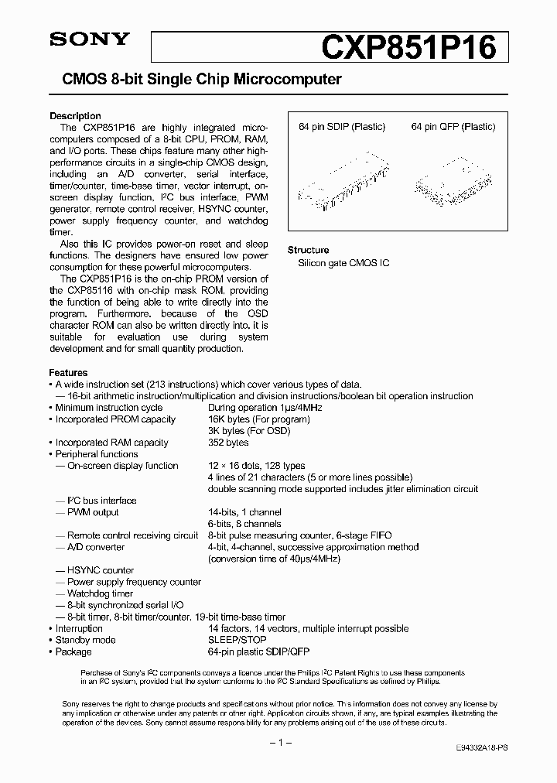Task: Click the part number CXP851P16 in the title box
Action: [408, 48]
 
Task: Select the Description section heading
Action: [75, 116]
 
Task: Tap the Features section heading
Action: [68, 372]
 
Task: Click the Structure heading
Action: [308, 250]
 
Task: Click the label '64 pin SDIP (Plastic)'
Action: [341, 127]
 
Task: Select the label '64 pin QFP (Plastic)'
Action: [453, 127]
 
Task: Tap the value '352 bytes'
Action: [228, 443]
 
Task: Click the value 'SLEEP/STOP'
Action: [237, 640]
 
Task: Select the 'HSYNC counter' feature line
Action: [100, 570]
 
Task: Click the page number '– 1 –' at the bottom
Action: [278, 743]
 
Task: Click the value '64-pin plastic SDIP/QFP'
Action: [259, 651]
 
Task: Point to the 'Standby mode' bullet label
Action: [85, 640]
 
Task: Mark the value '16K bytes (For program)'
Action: [258, 419]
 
